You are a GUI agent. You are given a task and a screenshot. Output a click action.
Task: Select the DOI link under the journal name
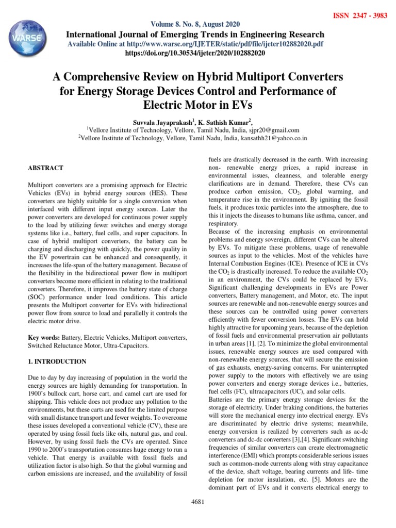(195, 53)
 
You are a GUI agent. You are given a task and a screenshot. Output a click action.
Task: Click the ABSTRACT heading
(45, 168)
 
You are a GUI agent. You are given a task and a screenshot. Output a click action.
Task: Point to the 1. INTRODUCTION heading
(57, 361)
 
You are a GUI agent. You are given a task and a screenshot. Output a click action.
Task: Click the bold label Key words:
(43, 337)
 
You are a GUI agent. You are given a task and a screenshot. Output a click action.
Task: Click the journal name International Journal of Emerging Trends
(195, 34)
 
